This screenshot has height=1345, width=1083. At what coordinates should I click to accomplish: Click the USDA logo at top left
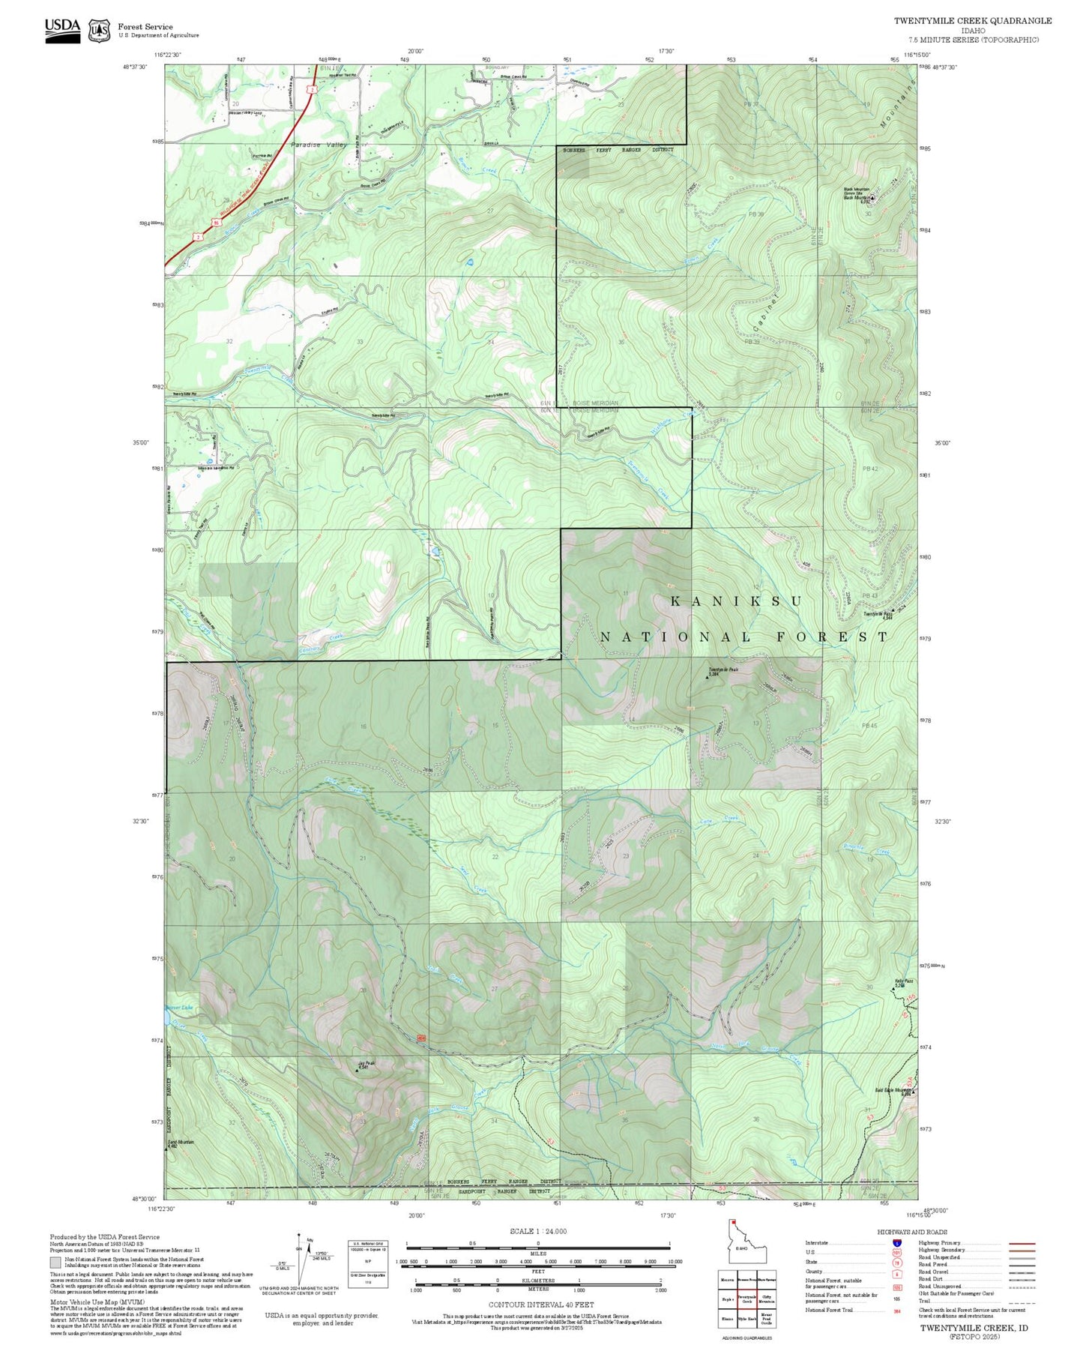pos(62,29)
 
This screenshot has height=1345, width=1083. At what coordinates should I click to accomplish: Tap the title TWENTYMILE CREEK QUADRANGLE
pos(972,21)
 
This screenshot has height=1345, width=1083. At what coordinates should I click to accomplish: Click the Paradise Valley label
pos(319,145)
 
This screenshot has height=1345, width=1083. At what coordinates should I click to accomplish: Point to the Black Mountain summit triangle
pos(872,198)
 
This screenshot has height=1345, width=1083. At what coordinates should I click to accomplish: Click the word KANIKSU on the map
pos(735,601)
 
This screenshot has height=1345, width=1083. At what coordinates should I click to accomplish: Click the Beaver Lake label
pos(179,1008)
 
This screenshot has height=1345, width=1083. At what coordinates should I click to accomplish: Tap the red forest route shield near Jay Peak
pos(421,1038)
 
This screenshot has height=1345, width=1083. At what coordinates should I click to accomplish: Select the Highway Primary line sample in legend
pos(1022,1243)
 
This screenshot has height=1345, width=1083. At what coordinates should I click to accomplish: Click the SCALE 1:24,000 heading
pos(537,1231)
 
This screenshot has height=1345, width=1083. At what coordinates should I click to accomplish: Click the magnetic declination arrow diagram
pos(301,1260)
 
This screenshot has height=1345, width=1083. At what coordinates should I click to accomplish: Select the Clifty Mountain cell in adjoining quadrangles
pos(767,1299)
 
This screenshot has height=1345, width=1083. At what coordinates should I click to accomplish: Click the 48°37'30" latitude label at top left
pos(136,66)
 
